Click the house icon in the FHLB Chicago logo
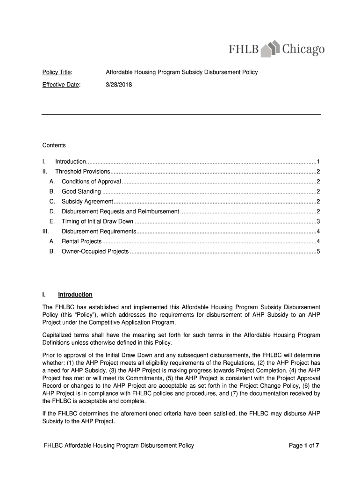271,49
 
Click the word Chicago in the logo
303,49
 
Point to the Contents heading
54,145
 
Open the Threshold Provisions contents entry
83,171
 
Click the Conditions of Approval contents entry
91,181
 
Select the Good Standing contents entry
81,191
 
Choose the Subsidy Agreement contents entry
87,202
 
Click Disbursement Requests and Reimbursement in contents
120,211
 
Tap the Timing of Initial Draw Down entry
97,222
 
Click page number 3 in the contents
318,222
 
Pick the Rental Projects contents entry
81,241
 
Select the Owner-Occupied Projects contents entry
95,252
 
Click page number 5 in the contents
318,252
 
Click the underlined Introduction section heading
75,295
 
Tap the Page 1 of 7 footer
304,445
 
